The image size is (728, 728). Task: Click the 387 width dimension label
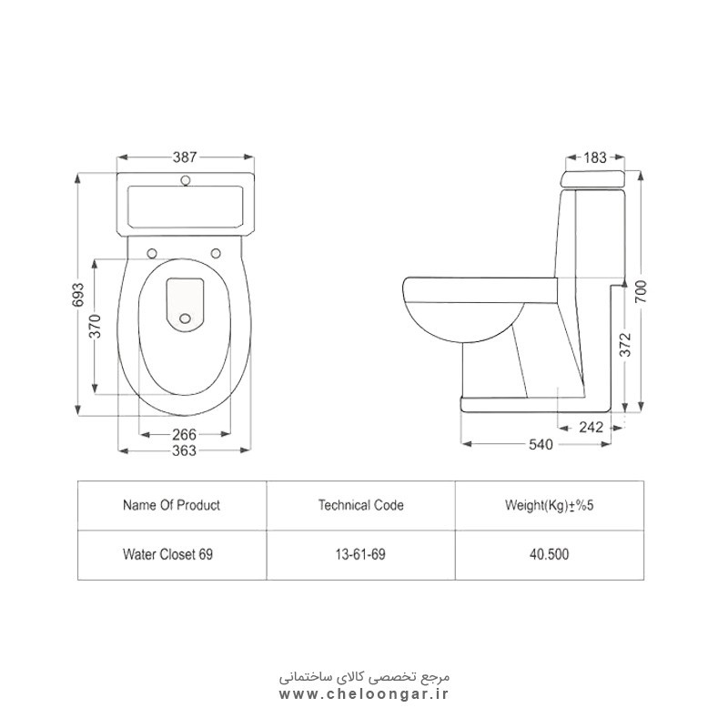[x=185, y=157]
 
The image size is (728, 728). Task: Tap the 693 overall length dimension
[x=78, y=294]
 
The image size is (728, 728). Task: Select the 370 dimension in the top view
[x=95, y=326]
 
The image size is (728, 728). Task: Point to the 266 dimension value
[x=185, y=435]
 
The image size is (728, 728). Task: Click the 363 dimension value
[x=185, y=450]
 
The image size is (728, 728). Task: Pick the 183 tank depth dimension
[x=595, y=157]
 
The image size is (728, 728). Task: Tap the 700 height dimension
[x=641, y=291]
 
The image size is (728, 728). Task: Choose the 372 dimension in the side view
[x=625, y=345]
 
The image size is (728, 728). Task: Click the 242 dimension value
[x=591, y=427]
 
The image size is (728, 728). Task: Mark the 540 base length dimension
[x=541, y=444]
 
